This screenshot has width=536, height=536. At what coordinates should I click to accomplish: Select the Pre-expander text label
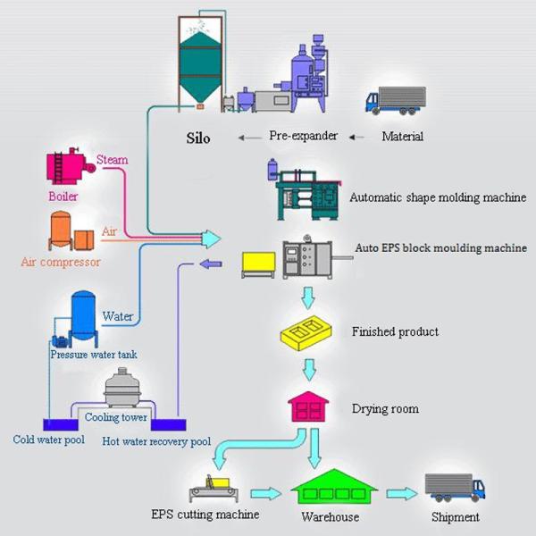[x=303, y=137]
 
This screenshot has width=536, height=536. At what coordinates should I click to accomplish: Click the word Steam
[x=113, y=160]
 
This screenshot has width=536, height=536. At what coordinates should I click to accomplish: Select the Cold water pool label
[x=46, y=440]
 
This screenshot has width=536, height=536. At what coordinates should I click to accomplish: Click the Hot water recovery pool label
[x=156, y=441]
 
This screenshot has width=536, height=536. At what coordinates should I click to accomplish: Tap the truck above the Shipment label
[x=454, y=486]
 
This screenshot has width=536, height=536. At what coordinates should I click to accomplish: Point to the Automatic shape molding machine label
[x=437, y=197]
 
